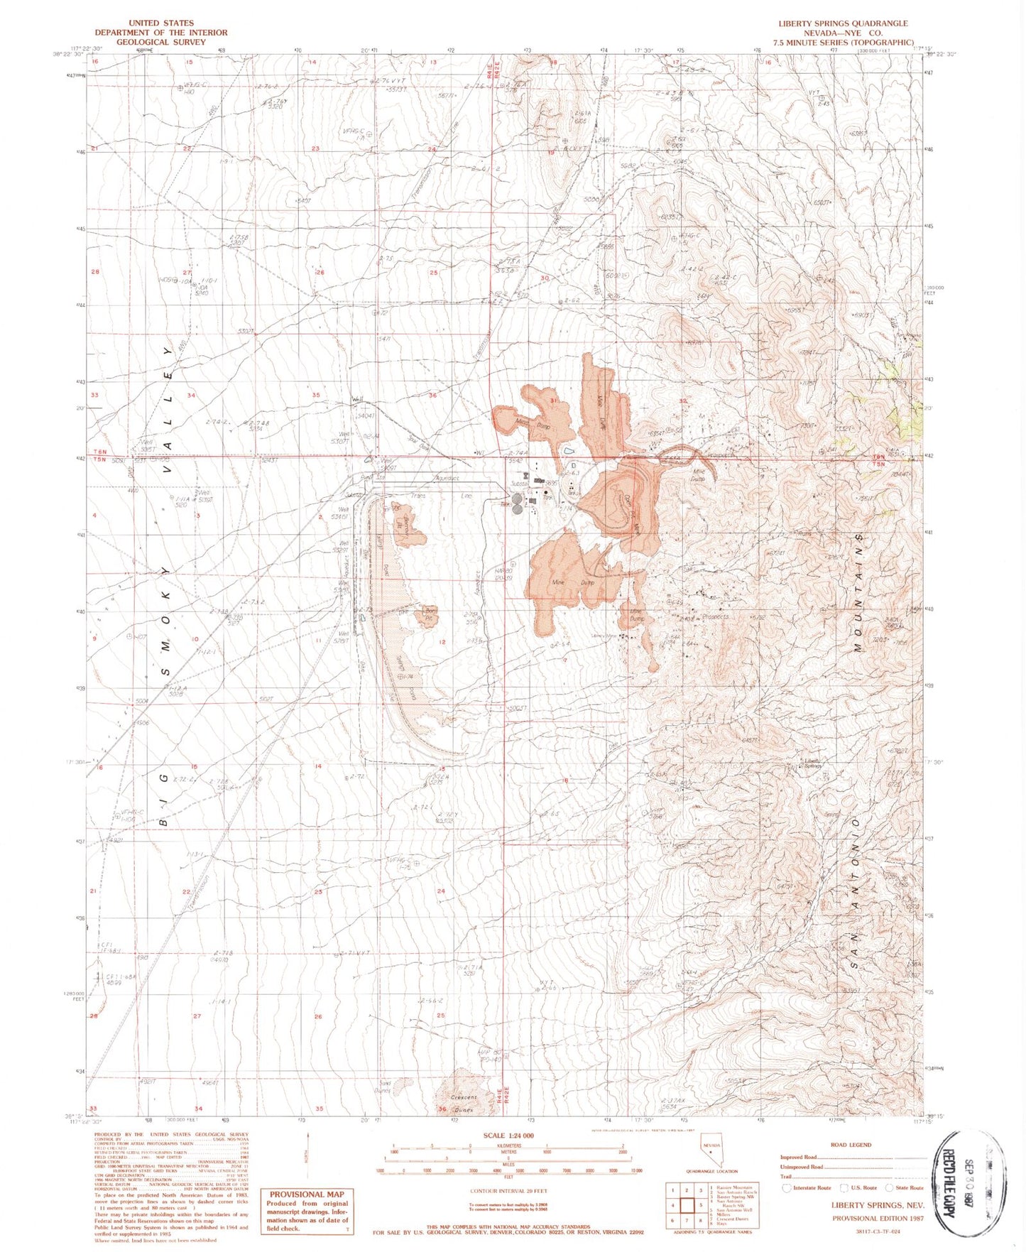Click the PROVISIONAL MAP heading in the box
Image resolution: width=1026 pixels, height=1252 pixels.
click(x=306, y=1194)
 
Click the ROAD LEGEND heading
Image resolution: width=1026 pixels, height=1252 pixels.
click(x=850, y=1144)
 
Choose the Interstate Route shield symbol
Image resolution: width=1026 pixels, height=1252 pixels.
click(x=786, y=1187)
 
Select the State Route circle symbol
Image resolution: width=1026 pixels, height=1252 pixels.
click(x=889, y=1187)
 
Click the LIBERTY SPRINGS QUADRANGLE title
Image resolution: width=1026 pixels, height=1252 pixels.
click(x=842, y=23)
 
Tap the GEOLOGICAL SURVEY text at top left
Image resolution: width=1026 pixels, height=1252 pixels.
click(x=161, y=42)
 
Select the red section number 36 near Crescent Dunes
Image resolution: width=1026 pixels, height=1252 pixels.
click(x=442, y=1109)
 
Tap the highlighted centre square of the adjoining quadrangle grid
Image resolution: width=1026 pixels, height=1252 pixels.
click(x=687, y=1204)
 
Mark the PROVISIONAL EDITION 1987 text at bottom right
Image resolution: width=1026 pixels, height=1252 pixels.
click(x=878, y=1217)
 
